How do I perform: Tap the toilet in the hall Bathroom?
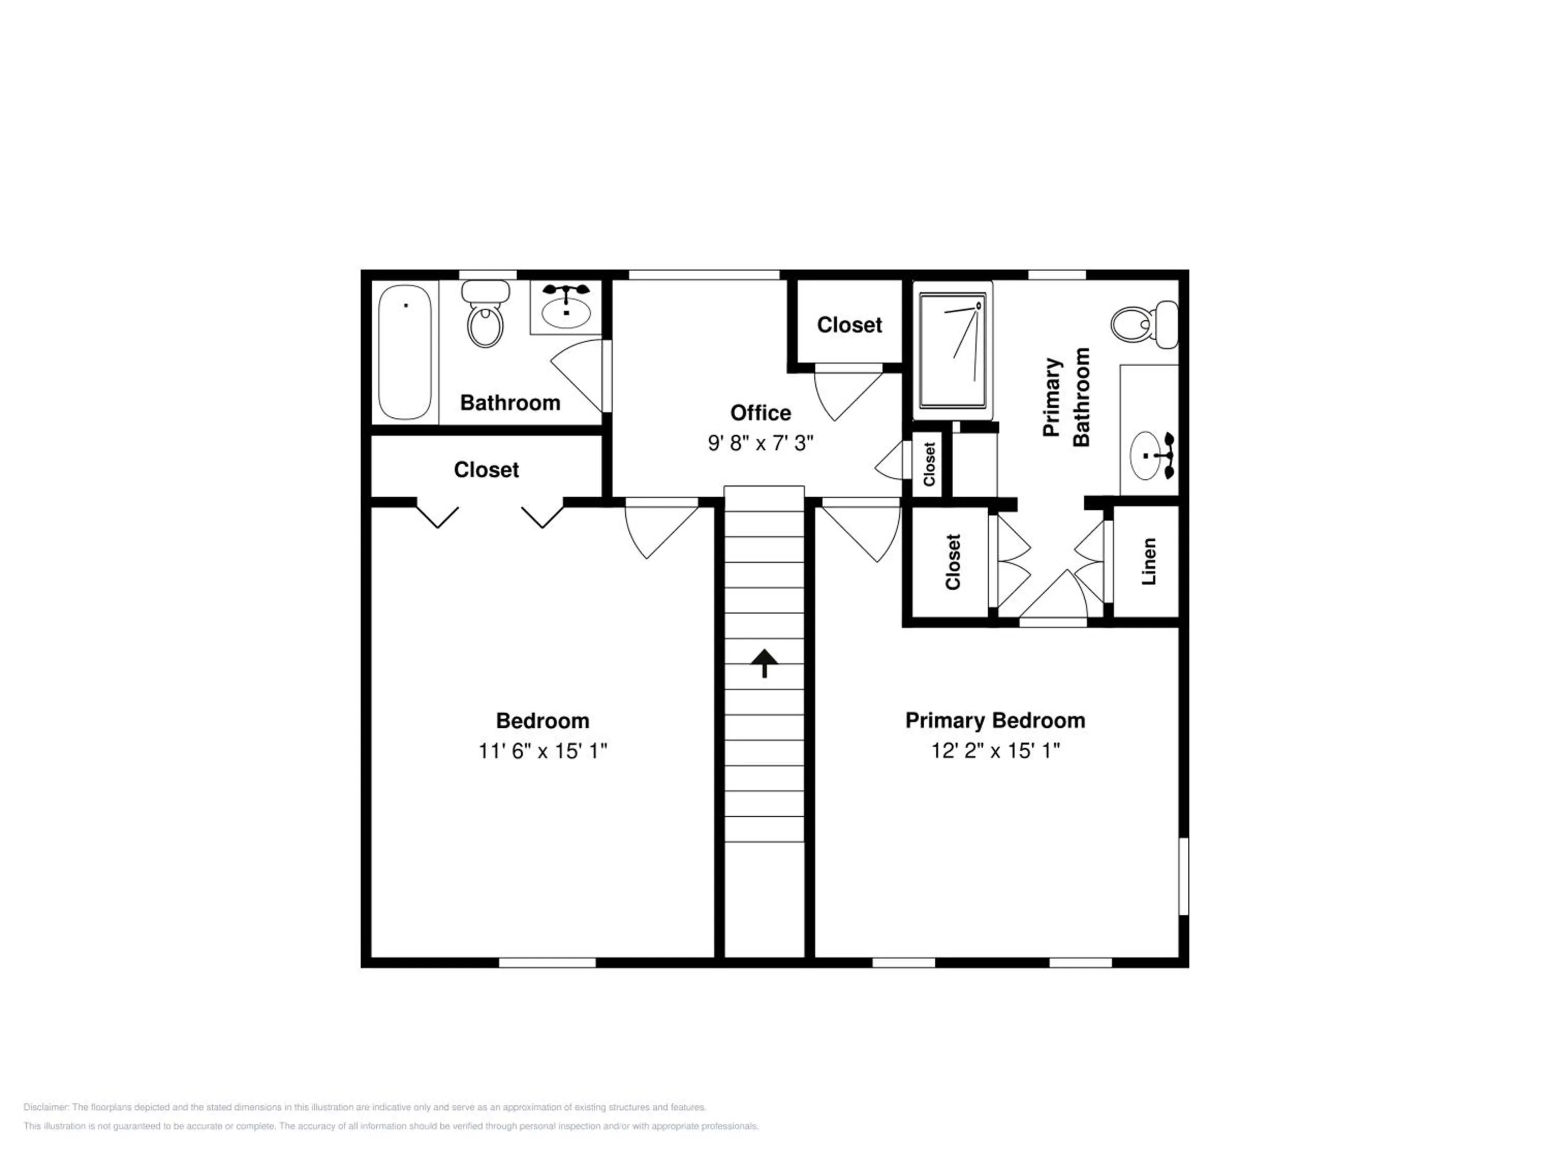pos(485,314)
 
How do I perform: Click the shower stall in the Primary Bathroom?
pos(952,351)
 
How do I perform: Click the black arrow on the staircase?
pos(765,663)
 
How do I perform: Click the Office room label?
pos(761,413)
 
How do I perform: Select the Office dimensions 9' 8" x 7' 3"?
pos(761,443)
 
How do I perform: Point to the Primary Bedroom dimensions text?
pos(995,751)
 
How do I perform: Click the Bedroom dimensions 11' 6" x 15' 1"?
pos(542,751)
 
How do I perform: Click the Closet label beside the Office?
pos(849,325)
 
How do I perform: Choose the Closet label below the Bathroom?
pos(486,469)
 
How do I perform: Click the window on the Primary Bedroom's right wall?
pos(1184,876)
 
